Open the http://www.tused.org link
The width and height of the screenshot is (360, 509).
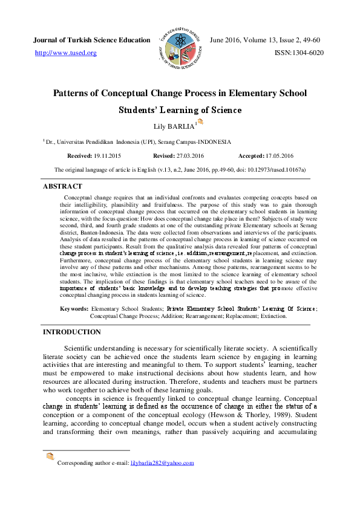coord(66,53)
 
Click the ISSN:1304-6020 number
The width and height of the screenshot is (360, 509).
coord(299,53)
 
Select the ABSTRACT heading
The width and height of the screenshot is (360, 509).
coord(62,187)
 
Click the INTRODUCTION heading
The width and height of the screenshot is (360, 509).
coord(71,332)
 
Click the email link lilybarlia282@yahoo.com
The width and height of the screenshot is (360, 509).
coord(162,463)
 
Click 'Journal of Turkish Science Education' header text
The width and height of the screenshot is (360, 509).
coord(91,40)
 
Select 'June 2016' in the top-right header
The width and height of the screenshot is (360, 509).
coord(224,40)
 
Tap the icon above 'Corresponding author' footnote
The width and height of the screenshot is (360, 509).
coord(50,456)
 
